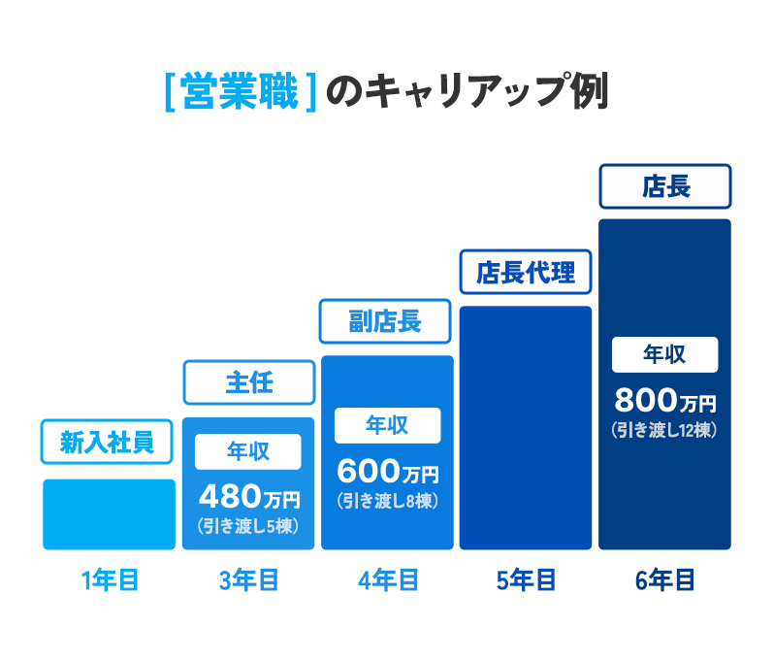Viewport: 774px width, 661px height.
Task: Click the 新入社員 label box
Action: [107, 444]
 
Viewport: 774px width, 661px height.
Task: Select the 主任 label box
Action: [249, 382]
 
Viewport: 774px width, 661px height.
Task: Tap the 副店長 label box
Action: [386, 320]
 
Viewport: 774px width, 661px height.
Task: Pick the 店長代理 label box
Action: [525, 273]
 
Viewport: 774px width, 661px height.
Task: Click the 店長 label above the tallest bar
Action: [664, 186]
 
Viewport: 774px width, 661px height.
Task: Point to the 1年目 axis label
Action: [110, 580]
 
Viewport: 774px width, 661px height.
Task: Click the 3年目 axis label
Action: [248, 580]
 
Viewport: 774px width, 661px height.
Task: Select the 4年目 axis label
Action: [387, 580]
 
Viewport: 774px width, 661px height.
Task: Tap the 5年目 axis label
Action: [526, 580]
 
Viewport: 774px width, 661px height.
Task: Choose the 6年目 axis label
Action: [664, 580]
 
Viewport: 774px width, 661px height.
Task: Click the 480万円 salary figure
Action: [248, 498]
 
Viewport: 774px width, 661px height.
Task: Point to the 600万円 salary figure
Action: [387, 473]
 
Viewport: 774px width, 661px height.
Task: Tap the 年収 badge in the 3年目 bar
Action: [248, 451]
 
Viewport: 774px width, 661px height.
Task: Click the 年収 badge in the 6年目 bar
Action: [664, 354]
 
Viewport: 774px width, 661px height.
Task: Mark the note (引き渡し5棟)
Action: [248, 526]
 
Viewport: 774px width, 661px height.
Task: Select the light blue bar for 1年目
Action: [109, 514]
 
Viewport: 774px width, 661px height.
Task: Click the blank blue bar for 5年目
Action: [525, 427]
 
